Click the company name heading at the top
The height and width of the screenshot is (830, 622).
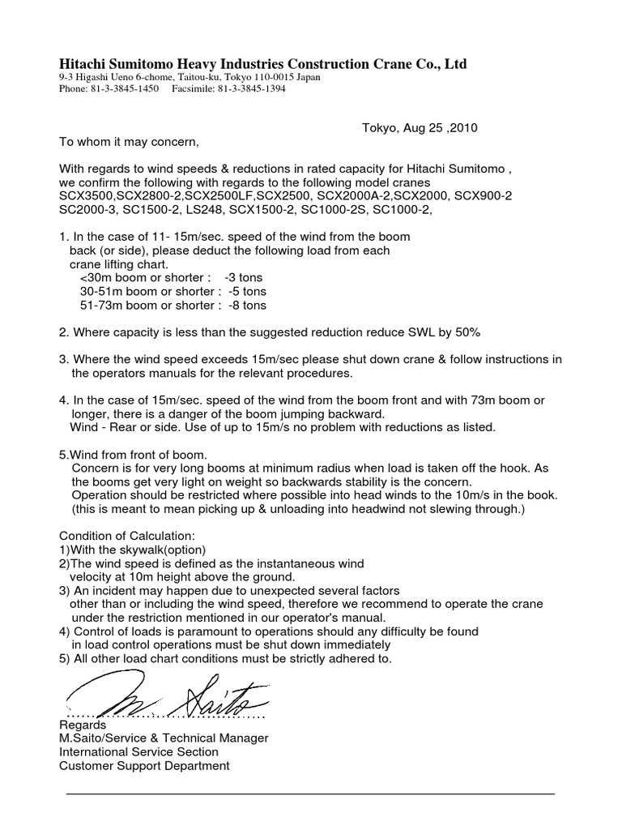pyautogui.click(x=263, y=64)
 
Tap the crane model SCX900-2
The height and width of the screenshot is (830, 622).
pyautogui.click(x=484, y=196)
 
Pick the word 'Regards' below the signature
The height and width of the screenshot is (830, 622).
pyautogui.click(x=83, y=725)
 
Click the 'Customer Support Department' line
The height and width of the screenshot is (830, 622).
pyautogui.click(x=144, y=766)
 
